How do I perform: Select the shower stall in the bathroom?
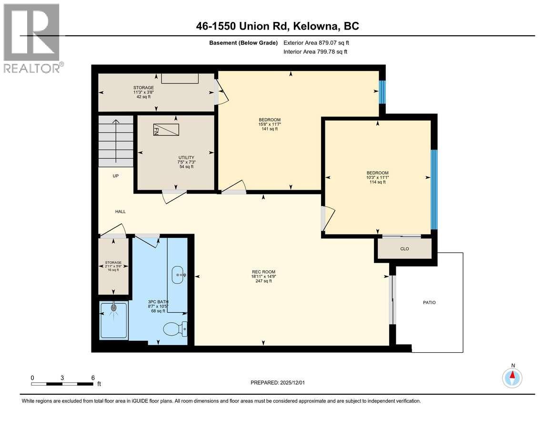114,320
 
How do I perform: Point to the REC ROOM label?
263,272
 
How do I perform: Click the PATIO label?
429,302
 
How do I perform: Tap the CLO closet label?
404,249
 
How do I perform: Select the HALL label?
121,211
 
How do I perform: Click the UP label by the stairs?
116,176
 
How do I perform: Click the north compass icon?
513,378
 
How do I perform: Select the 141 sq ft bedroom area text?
270,129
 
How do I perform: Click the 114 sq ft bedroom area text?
377,182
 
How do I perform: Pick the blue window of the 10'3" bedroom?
434,189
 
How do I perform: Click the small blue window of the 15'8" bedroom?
382,92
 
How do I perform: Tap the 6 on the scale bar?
93,377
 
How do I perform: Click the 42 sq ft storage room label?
143,97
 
